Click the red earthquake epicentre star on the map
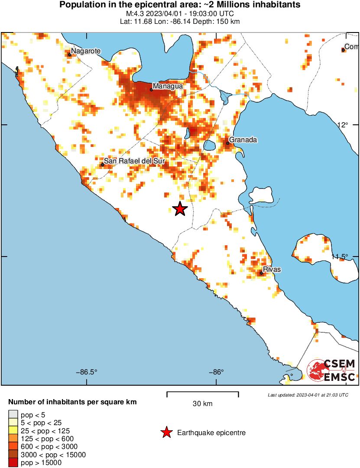(180, 209)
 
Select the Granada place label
(243, 140)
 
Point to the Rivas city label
(272, 270)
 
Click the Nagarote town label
(86, 51)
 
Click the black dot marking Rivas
(261, 273)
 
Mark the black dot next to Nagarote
(69, 55)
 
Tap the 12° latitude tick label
(343, 125)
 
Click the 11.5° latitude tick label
(340, 257)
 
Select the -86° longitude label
(216, 372)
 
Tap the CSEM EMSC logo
(331, 370)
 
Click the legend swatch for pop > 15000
(13, 463)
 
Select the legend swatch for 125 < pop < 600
(13, 439)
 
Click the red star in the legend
(166, 432)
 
